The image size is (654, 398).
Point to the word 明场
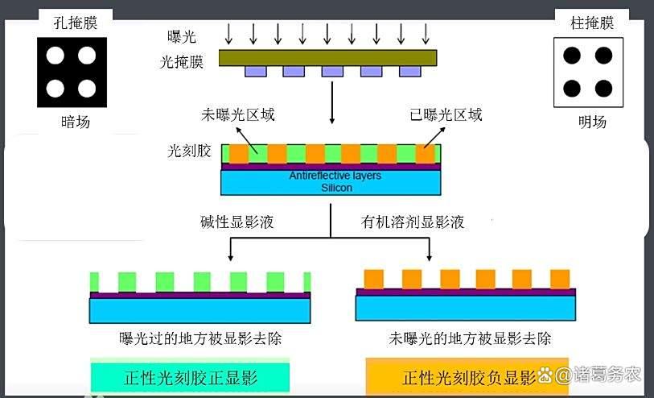592,122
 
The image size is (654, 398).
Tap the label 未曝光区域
237,114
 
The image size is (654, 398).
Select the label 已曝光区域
446,114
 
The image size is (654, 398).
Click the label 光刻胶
190,151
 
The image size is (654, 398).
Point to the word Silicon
337,187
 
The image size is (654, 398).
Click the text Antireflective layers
335,176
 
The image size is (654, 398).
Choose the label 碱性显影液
237,222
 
